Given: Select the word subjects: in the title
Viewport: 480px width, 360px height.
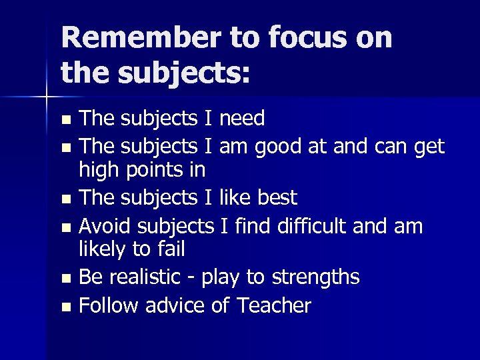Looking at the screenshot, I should coord(181,72).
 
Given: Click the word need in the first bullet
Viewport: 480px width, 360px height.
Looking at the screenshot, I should coord(242,119).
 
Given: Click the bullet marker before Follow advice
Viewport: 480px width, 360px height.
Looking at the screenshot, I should coord(65,307).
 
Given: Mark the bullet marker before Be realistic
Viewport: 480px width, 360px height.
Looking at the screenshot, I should coord(65,279).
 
